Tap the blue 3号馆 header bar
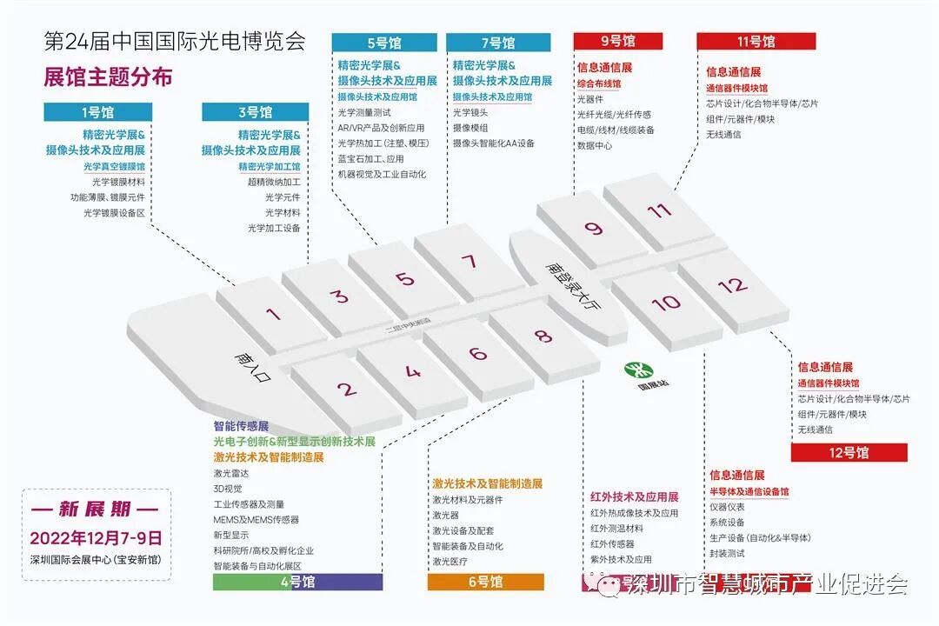[255, 112]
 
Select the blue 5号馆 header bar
[384, 43]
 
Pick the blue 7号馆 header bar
[498, 43]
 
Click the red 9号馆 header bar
[617, 41]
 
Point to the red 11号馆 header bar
[756, 41]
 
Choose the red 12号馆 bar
[849, 452]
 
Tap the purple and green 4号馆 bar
[297, 582]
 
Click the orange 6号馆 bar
[485, 582]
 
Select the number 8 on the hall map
[543, 336]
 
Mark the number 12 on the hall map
[733, 284]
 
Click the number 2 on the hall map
[347, 390]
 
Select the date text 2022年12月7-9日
[97, 537]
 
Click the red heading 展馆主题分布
[108, 77]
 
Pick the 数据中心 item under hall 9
[595, 146]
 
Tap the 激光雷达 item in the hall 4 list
[231, 473]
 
